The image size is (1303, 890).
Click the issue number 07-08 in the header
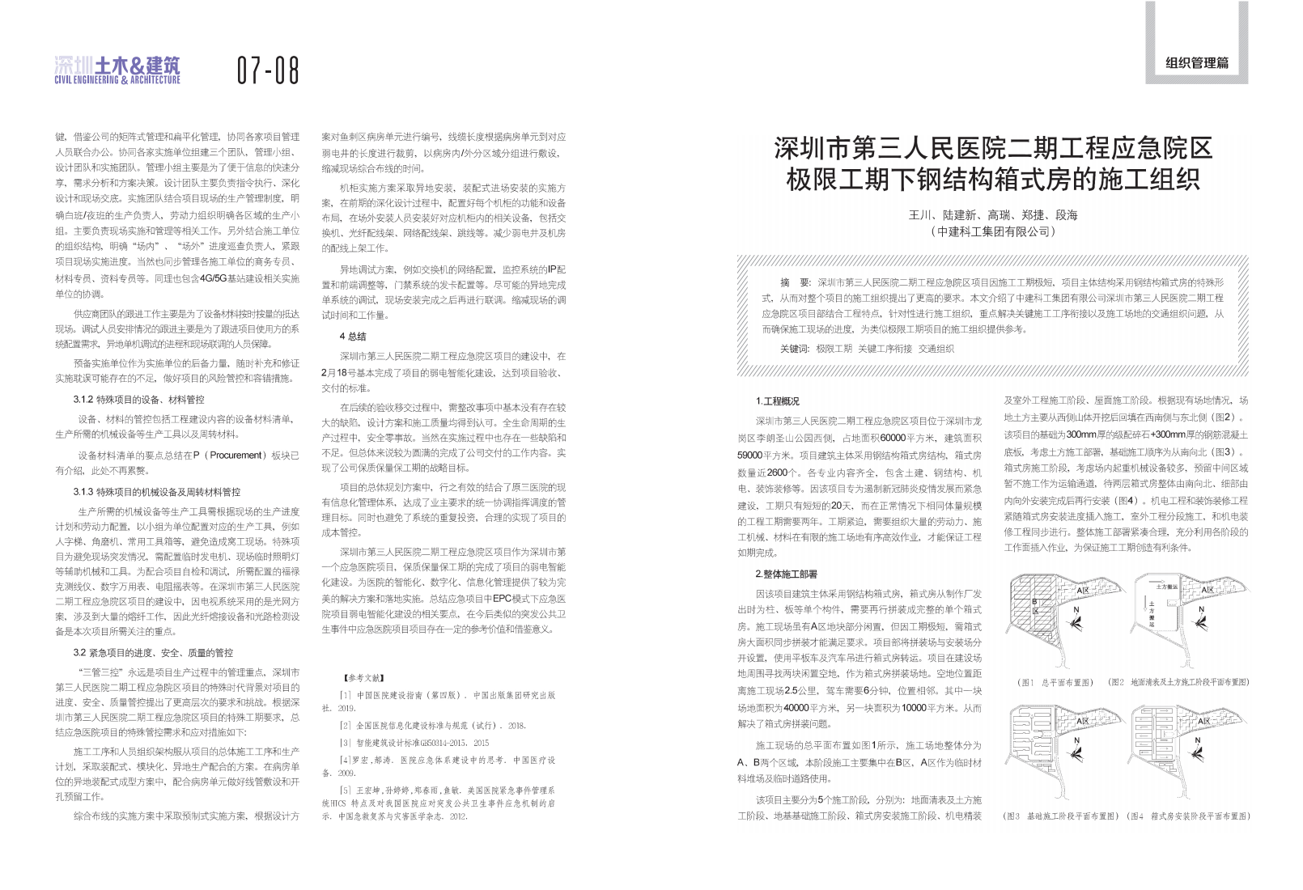click(268, 70)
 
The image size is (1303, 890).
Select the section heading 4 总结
click(353, 337)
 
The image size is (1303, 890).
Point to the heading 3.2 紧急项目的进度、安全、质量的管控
click(153, 653)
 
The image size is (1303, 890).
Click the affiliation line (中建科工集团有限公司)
click(992, 232)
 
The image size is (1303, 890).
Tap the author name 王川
click(920, 215)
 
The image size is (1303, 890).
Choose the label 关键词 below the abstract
click(794, 349)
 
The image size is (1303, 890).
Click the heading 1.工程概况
click(777, 401)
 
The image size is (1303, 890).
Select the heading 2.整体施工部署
click(786, 574)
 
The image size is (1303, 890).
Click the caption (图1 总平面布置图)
click(1055, 683)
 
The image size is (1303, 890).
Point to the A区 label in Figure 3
click(1083, 721)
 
